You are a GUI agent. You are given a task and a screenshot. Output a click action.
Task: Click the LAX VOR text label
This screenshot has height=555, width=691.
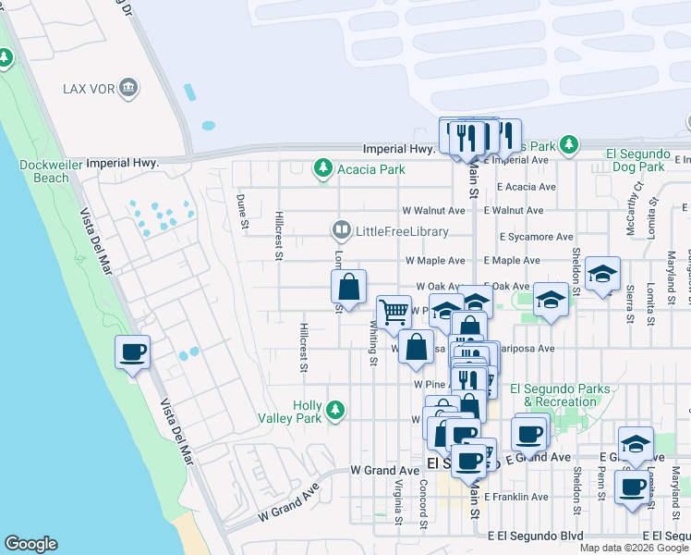(x=87, y=89)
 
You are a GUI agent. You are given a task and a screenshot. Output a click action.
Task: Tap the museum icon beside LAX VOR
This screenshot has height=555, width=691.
(x=127, y=89)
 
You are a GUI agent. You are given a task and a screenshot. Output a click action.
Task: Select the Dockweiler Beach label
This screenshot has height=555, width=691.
(x=44, y=170)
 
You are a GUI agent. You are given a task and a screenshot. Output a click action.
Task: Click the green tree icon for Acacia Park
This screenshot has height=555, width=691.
(x=322, y=168)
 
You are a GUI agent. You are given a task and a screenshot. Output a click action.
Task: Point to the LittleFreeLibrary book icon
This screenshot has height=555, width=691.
(x=341, y=230)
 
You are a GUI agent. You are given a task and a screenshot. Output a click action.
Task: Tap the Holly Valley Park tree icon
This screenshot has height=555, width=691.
(x=337, y=409)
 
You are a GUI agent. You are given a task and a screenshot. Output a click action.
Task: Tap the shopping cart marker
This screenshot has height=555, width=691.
(x=394, y=313)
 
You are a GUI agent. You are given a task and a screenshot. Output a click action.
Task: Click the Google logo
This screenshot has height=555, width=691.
(x=30, y=544)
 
